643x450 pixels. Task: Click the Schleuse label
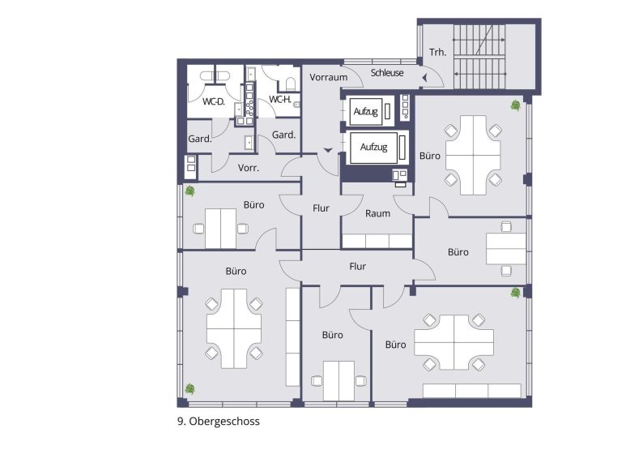coord(387,73)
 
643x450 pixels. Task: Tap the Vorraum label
coord(328,77)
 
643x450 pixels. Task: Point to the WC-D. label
coord(213,101)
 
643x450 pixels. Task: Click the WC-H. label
coord(280,100)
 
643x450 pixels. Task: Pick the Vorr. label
coord(248,168)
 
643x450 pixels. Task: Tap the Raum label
coord(377,213)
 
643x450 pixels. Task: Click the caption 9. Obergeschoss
coord(219,422)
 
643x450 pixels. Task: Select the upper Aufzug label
coord(366,111)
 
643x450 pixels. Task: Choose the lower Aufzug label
coord(373,148)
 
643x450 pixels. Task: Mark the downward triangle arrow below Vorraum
coord(327,150)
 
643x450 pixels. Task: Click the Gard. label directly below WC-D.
coord(200,139)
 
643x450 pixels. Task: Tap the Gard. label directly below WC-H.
coord(283,134)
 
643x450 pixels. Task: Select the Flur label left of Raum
coord(321,208)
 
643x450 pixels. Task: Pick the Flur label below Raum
coord(357,266)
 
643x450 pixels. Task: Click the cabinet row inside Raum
coord(377,241)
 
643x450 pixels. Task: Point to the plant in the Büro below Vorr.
coord(189,191)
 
